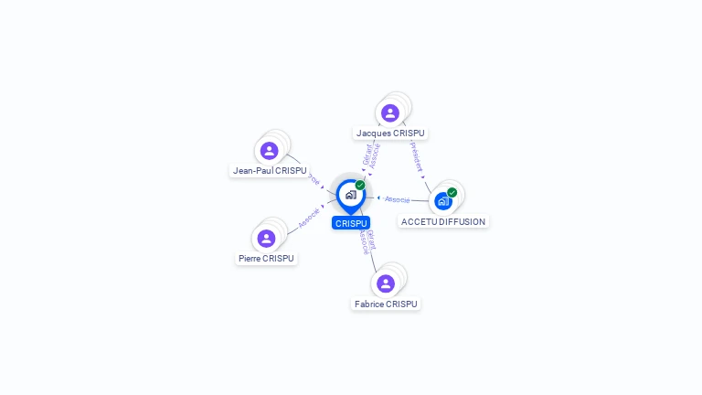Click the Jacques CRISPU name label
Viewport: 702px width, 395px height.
coord(390,133)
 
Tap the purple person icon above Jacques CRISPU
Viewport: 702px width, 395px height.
coord(390,112)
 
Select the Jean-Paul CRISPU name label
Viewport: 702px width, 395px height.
coord(270,171)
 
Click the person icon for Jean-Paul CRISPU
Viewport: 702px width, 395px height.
coord(269,151)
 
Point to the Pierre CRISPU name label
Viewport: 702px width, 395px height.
coord(266,259)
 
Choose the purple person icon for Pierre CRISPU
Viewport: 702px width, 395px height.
coord(266,239)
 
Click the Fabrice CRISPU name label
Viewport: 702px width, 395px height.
coord(386,304)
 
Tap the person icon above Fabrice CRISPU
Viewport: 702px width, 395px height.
coord(386,283)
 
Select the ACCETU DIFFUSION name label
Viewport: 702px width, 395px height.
coord(443,221)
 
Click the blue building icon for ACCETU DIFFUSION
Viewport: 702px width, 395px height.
coord(442,201)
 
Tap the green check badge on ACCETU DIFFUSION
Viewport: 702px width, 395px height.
coord(452,193)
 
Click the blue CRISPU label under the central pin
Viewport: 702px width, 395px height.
coord(351,223)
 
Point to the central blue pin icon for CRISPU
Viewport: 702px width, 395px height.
coord(350,195)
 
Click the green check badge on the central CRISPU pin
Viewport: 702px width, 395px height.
coord(360,186)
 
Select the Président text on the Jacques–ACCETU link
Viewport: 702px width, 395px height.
coord(416,155)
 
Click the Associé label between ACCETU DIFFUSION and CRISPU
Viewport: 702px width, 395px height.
coord(397,198)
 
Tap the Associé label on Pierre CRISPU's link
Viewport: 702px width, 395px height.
coord(309,219)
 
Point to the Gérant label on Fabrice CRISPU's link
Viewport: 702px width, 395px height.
coord(370,240)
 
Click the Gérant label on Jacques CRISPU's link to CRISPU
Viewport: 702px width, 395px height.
coord(367,154)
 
